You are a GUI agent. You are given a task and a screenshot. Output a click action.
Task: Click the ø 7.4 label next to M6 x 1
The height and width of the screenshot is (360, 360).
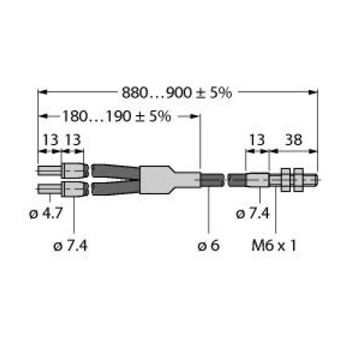click(253, 213)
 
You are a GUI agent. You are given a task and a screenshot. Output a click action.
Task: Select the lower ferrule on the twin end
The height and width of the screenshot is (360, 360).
click(74, 190)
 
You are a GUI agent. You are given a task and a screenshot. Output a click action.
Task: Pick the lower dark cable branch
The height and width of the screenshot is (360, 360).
click(114, 189)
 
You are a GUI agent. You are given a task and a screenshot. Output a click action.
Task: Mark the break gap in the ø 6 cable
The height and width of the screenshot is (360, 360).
click(224, 180)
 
